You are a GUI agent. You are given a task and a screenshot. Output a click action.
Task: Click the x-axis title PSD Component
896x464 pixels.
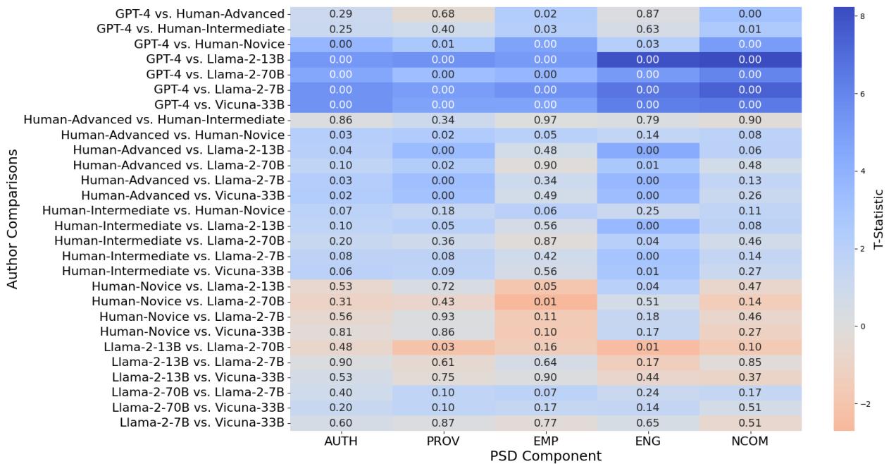coord(546,456)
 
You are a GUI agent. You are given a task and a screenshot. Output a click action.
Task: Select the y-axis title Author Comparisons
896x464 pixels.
coord(12,217)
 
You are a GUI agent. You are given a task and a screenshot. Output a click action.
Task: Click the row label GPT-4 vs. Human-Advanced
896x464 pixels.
coord(200,14)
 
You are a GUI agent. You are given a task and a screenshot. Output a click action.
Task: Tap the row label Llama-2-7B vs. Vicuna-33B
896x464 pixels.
coord(201,422)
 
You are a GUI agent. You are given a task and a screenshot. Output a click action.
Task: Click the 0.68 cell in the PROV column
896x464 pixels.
coord(443,14)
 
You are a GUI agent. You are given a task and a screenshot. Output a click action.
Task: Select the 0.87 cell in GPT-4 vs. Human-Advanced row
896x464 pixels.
coord(648,14)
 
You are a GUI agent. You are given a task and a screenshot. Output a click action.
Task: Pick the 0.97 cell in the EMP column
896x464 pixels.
coord(546,120)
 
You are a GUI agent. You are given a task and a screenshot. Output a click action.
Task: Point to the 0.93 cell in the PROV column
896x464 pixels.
coord(443,317)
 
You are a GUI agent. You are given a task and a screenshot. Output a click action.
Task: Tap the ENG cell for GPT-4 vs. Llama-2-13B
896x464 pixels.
coord(648,59)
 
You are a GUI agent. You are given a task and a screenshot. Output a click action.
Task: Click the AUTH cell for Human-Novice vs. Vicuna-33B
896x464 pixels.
coord(341,331)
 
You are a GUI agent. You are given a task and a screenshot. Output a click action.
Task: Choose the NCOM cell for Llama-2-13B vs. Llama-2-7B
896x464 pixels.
coord(751,362)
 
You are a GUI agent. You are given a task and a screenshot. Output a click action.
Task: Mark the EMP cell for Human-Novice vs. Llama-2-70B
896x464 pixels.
coord(546,301)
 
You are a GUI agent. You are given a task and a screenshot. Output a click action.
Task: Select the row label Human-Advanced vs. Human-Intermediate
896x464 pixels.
coord(154,120)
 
